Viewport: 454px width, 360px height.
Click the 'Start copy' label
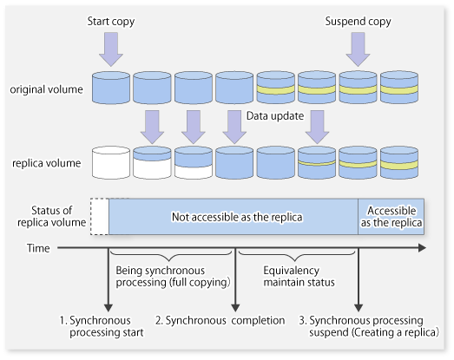111,22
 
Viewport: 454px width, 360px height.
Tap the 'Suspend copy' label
358,22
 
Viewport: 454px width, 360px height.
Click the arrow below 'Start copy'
111,49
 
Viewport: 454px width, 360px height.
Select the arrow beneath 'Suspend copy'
358,49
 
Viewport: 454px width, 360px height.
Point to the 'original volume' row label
46,89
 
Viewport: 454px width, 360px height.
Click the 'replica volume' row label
46,163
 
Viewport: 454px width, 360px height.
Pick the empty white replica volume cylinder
111,162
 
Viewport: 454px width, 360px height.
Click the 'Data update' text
275,116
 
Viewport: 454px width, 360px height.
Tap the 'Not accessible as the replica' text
237,217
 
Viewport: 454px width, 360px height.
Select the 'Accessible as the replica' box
391,217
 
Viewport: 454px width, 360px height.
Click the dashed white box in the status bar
100,217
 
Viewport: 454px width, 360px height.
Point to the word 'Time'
38,248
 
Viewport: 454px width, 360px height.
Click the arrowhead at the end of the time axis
423,248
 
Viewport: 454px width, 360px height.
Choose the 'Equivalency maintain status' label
299,277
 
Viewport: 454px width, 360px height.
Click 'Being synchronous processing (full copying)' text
173,277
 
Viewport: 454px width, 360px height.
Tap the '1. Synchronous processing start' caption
102,326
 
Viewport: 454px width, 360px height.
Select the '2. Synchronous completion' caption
220,321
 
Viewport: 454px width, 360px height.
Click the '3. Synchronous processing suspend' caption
369,326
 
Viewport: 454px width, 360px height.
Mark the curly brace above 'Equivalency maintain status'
297,255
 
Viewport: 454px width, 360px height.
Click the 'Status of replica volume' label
51,217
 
